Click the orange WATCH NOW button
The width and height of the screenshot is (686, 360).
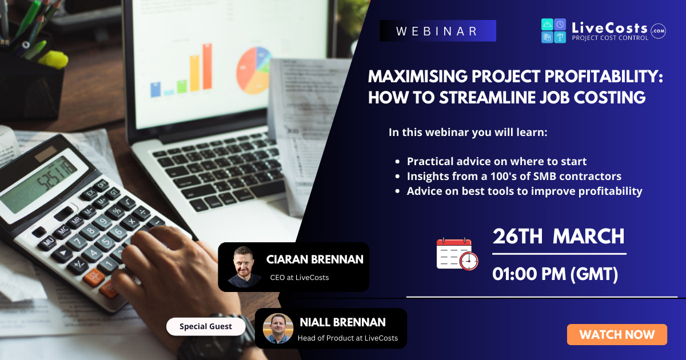617,335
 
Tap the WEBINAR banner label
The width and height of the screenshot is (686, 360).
438,31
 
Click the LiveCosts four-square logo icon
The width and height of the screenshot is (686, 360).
553,31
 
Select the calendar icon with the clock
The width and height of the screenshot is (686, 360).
457,254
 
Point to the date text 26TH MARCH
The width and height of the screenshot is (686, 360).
559,237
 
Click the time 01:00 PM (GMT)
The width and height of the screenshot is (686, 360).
555,274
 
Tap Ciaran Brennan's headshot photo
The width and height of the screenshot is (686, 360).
244,267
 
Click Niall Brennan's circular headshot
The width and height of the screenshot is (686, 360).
278,329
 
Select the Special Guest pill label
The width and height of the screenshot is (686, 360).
206,326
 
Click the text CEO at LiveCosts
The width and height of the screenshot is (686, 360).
299,277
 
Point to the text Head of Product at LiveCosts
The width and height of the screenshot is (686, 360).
348,338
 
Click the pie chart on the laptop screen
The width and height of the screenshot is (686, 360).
254,70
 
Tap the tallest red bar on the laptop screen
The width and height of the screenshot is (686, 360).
208,66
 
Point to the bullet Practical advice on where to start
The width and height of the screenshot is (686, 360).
496,161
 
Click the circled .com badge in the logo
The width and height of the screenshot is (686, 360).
658,31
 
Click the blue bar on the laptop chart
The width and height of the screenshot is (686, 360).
155,89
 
